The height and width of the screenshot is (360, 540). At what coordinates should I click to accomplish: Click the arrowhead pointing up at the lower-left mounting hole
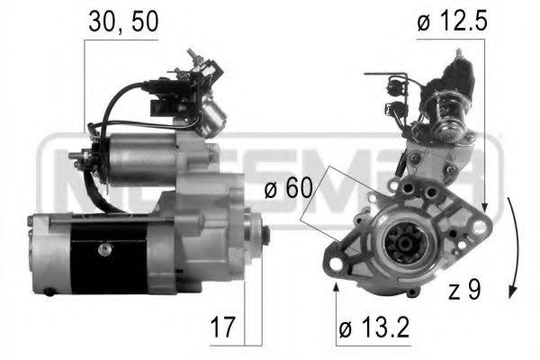coord(336,286)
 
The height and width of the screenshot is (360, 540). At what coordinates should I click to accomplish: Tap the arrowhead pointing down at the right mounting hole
coord(484,209)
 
